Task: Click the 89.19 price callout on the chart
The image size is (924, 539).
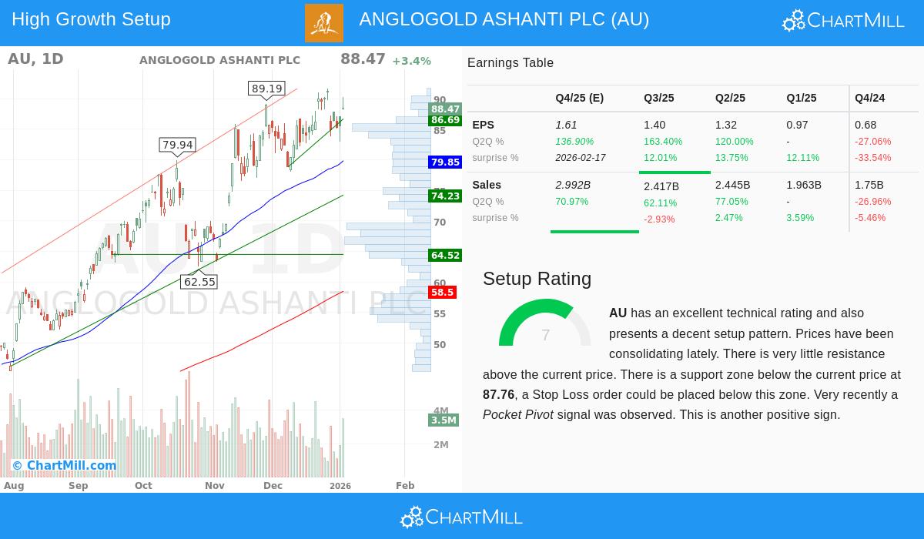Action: pos(267,89)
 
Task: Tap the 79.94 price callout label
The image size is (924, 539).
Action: pos(178,145)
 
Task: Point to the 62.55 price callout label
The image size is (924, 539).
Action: pos(199,282)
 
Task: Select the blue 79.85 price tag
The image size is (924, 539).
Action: pos(445,162)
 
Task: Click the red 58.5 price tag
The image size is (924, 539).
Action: pos(443,293)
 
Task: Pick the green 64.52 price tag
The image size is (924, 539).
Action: pos(445,256)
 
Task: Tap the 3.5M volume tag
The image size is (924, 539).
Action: pos(444,420)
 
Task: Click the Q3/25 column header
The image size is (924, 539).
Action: pos(659,99)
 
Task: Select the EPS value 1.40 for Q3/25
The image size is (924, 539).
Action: pos(654,125)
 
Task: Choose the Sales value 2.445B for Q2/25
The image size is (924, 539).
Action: pos(731,186)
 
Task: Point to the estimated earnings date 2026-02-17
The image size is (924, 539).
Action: pos(581,158)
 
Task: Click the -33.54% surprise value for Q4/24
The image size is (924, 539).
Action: pos(872,158)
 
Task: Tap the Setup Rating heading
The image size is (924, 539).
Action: pos(537,279)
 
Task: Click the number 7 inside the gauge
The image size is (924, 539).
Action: pos(545,335)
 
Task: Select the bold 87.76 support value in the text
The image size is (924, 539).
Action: pos(498,395)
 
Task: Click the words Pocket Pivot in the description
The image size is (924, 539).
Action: pos(517,415)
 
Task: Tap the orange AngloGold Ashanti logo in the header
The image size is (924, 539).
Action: pos(324,23)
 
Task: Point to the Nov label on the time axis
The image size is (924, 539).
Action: pos(215,486)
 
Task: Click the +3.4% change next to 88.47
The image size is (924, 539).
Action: pos(411,61)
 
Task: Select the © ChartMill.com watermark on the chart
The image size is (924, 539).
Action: pos(64,465)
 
